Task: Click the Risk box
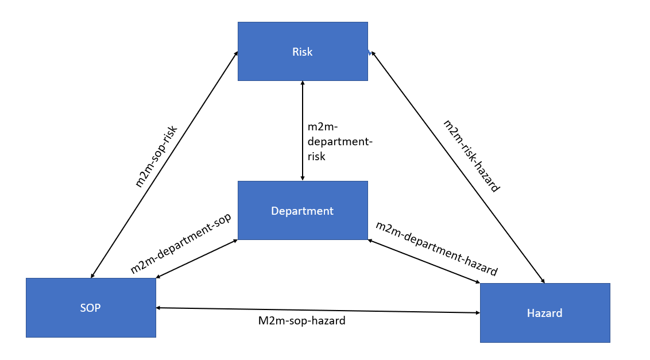click(303, 52)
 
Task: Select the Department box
click(303, 210)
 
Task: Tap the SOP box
click(91, 307)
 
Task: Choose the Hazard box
click(545, 313)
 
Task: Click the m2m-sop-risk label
click(156, 156)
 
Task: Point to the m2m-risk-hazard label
click(471, 156)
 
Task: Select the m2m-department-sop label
click(181, 243)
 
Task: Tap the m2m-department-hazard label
click(436, 249)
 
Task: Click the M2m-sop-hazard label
click(302, 320)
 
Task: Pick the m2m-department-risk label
click(340, 141)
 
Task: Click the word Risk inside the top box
click(302, 52)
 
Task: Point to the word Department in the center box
click(302, 211)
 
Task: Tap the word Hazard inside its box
click(545, 313)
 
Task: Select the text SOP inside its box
click(90, 308)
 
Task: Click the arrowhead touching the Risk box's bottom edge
click(303, 83)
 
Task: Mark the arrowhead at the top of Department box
click(303, 179)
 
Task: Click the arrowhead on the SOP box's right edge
click(158, 308)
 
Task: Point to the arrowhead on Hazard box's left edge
click(478, 313)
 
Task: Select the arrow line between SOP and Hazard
click(318, 310)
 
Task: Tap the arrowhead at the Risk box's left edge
click(237, 53)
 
